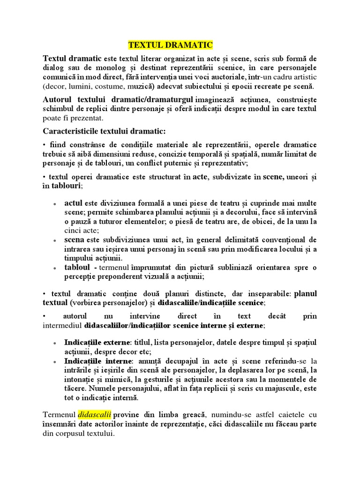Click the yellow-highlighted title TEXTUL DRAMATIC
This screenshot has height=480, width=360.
[x=171, y=45]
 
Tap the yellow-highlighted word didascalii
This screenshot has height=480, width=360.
[x=95, y=415]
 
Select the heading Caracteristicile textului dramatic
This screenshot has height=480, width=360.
[x=104, y=130]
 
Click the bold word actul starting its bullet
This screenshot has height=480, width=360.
[x=73, y=203]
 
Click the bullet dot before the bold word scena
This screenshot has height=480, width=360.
[x=55, y=241]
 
